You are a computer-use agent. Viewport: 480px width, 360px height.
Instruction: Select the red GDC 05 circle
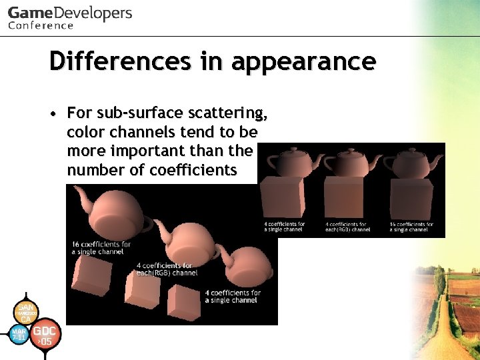click(x=47, y=335)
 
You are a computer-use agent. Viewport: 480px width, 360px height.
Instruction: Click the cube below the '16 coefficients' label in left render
click(x=94, y=277)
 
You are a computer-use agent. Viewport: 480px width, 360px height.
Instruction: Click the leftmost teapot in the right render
click(x=286, y=161)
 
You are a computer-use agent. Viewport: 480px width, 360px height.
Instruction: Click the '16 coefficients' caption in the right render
click(x=411, y=227)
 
